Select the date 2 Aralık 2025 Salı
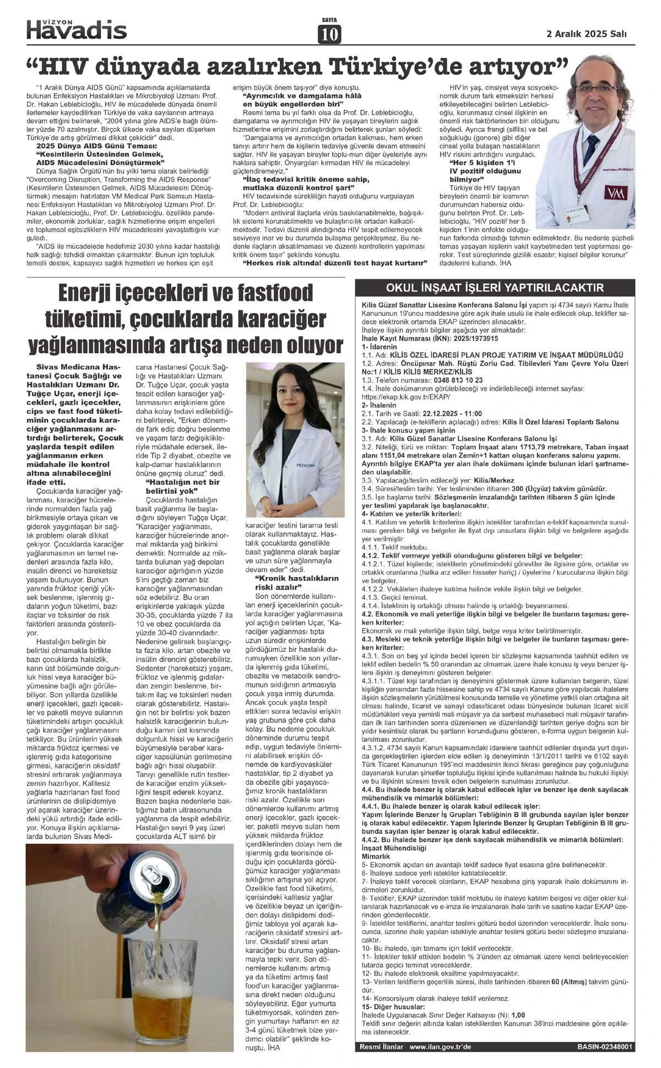(x=586, y=34)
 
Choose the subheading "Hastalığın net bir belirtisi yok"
(x=182, y=486)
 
